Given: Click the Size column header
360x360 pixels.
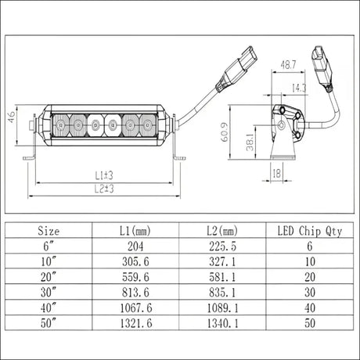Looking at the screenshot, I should coord(49,231).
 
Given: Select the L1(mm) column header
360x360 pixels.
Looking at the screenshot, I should coord(135,231).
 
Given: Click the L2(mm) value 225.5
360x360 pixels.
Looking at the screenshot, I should coord(221,246).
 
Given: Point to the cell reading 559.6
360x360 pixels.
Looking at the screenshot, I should coord(135,276).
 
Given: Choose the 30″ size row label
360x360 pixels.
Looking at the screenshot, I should coord(49,292).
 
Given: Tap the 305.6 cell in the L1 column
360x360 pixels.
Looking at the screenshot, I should coord(135,261).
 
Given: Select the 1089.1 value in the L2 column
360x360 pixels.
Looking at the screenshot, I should coord(221,307).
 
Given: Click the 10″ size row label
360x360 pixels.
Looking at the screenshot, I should coord(49,261).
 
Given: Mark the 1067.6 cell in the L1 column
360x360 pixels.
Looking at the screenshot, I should coord(135,307).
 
